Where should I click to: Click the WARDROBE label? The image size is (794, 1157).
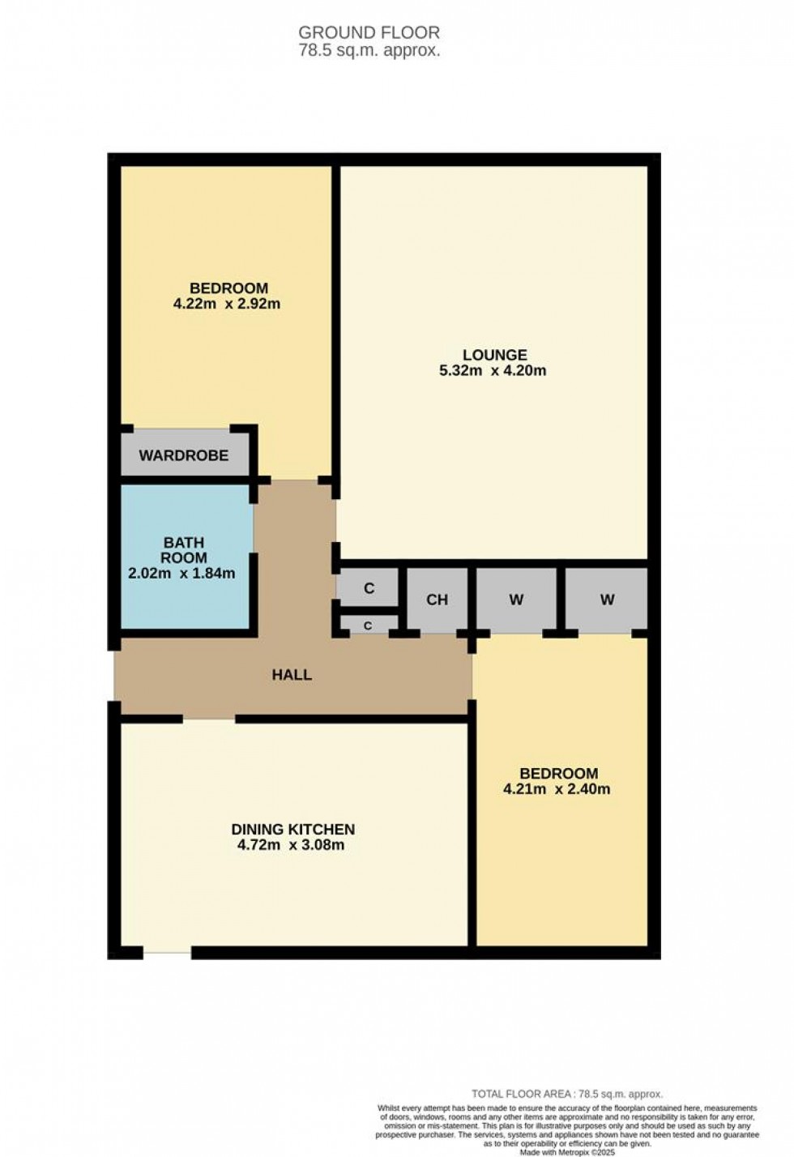coord(183,455)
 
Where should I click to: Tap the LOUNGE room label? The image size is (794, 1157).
coord(494,355)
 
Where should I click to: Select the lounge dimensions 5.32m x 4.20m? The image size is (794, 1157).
coord(493,371)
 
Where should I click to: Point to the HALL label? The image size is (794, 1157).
coord(292,675)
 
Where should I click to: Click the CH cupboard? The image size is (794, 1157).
coord(437,600)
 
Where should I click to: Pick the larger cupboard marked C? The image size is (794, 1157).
coord(369,588)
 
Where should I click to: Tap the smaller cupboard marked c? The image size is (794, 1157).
coord(368,625)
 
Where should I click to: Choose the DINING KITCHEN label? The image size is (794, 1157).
coord(293,830)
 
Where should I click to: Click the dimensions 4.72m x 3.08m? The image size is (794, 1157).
coord(291,846)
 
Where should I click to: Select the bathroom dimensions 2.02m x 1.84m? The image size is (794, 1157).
coord(181,574)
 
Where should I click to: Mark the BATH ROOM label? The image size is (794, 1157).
coord(183,550)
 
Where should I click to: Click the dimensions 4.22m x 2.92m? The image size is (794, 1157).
coord(227,305)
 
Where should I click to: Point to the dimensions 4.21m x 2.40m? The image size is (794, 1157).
coord(557,789)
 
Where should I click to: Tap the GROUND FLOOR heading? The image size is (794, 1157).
coord(369,32)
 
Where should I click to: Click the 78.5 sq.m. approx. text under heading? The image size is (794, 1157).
coord(369,50)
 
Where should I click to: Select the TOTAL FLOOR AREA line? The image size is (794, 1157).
coord(566,1094)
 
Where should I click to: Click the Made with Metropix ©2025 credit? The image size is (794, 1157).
coord(567,1151)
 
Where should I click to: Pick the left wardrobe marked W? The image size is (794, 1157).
coord(516,600)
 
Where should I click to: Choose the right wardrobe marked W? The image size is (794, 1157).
coord(607,600)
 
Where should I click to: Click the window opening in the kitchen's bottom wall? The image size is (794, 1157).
coord(168,954)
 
